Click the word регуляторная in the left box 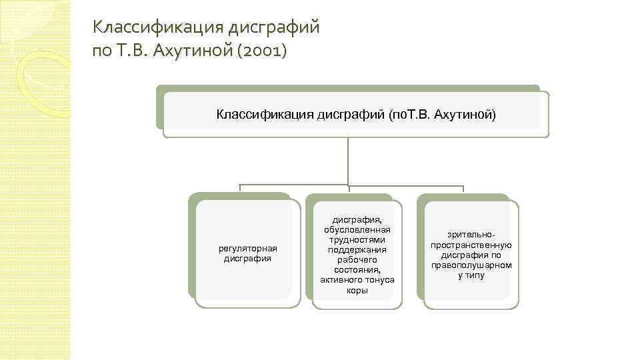(x=247, y=249)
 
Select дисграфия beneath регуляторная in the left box (x=247, y=258)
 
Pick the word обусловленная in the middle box (x=357, y=230)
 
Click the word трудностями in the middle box (x=357, y=239)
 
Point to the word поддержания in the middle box (x=357, y=249)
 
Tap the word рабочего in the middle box (x=357, y=259)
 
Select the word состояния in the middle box (x=357, y=269)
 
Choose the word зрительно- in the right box (x=471, y=235)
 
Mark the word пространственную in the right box (x=471, y=245)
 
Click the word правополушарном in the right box (x=471, y=265)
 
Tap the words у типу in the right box (x=471, y=275)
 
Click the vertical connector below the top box (x=348, y=160)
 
